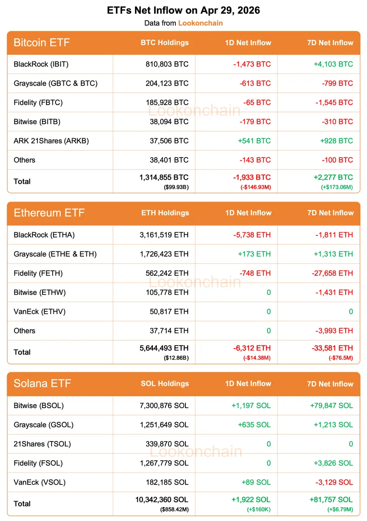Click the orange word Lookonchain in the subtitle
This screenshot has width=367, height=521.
click(200, 23)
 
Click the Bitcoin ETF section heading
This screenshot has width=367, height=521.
click(42, 43)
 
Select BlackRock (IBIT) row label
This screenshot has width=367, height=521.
click(41, 64)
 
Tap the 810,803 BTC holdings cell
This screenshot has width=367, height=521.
click(167, 64)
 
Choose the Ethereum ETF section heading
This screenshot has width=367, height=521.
click(49, 213)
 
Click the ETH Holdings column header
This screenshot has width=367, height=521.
click(165, 213)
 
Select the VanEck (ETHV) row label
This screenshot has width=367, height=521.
click(40, 311)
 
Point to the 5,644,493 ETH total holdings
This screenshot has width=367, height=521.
click(162, 348)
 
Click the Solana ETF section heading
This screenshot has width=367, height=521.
click(42, 384)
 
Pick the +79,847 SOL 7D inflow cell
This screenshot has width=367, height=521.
click(331, 406)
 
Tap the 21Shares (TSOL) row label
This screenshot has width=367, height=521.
click(42, 444)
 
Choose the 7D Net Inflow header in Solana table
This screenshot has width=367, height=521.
click(330, 384)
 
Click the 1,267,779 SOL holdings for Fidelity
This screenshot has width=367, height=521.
click(164, 463)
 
